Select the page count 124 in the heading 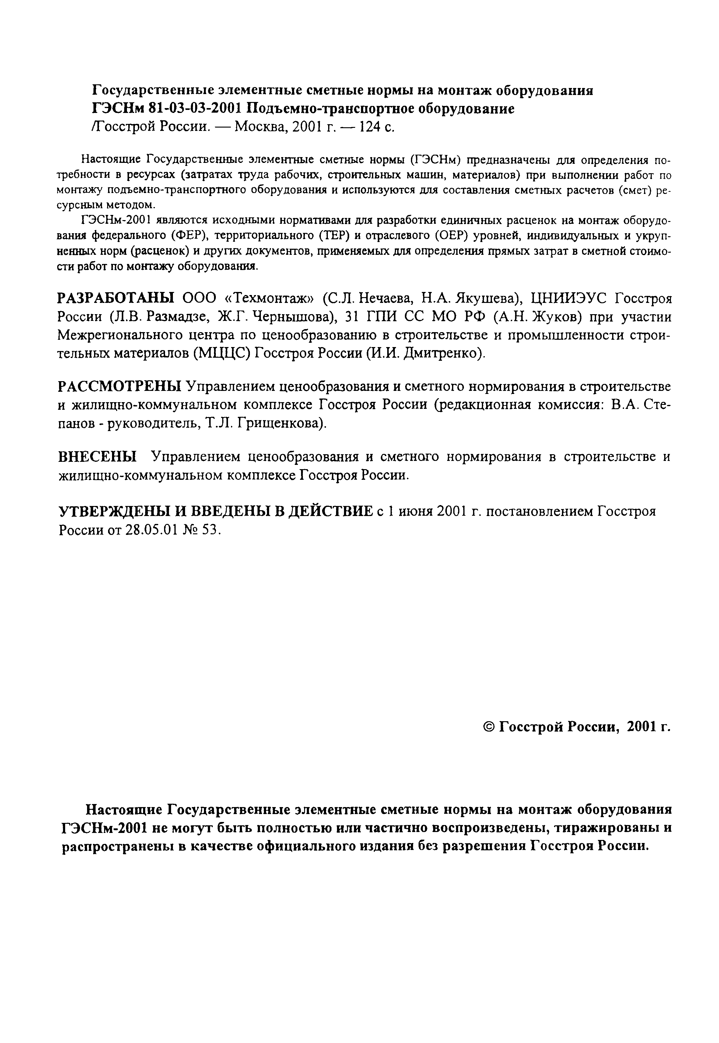pyautogui.click(x=368, y=128)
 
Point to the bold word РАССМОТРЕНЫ pyautogui.click(x=119, y=387)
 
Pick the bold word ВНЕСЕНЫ pyautogui.click(x=98, y=457)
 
